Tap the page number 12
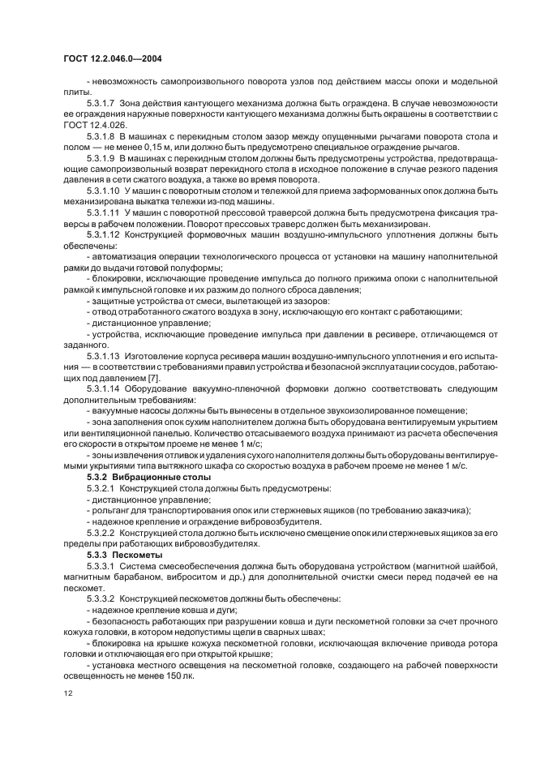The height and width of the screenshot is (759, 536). point(67,693)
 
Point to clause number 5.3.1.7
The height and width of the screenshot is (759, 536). point(102,103)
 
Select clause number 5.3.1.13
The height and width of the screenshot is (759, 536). point(105,354)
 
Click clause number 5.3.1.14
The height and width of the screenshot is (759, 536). point(105,388)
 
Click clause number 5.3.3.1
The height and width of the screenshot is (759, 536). point(102,566)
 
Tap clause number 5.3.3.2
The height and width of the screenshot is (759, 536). point(102,598)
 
